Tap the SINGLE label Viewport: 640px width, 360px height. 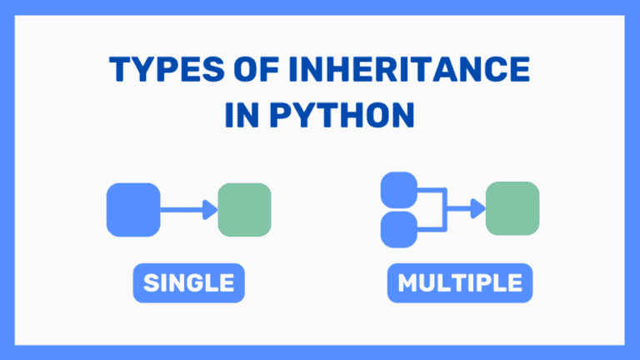click(188, 284)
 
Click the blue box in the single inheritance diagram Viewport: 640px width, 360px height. click(133, 209)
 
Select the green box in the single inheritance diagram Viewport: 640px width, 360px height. click(244, 209)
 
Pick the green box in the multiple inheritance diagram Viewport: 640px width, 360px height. click(512, 208)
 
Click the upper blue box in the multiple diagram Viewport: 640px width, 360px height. click(398, 189)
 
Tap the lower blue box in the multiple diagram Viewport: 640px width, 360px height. click(398, 228)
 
